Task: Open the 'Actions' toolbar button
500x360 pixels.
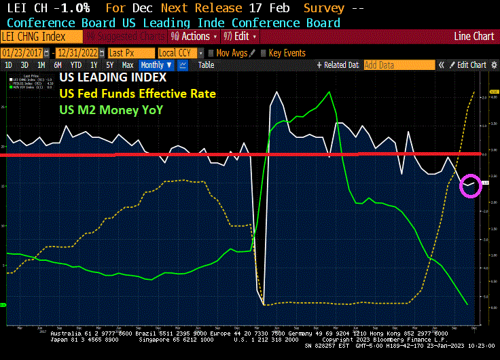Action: [x=190, y=36]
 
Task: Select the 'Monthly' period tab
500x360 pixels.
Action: [x=152, y=65]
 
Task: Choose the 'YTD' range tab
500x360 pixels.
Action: [x=75, y=65]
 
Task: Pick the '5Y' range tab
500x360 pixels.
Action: [x=109, y=65]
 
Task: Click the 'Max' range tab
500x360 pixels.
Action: [x=127, y=65]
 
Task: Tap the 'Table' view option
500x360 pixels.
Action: [x=206, y=65]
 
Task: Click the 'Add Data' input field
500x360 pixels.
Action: [x=398, y=65]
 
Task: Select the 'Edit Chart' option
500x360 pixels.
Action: [x=471, y=65]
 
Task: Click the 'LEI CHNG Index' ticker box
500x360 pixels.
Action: [x=34, y=36]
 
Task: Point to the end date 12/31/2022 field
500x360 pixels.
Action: [x=78, y=52]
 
